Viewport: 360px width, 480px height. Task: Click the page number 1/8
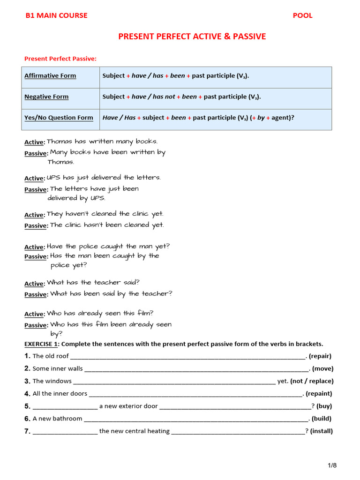click(332, 465)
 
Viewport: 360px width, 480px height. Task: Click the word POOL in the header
click(302, 15)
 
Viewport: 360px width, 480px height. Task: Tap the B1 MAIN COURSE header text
click(56, 15)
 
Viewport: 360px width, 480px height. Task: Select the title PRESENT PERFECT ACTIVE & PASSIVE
click(192, 37)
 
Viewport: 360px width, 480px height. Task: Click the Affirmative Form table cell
click(50, 75)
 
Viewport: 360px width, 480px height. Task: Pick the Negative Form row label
click(46, 97)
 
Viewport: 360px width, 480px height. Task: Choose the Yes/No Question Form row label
click(59, 118)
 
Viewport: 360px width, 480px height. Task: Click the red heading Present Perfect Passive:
click(60, 59)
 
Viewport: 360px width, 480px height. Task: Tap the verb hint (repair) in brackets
click(320, 356)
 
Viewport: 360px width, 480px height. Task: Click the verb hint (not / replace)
click(312, 381)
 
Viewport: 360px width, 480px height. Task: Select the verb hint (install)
click(322, 431)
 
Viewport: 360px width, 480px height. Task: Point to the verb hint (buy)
click(324, 406)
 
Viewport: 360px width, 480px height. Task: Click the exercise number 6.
click(27, 419)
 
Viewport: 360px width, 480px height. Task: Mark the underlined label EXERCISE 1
click(42, 344)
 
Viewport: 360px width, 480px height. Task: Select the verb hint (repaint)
click(320, 394)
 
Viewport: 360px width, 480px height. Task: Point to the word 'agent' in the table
click(280, 118)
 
